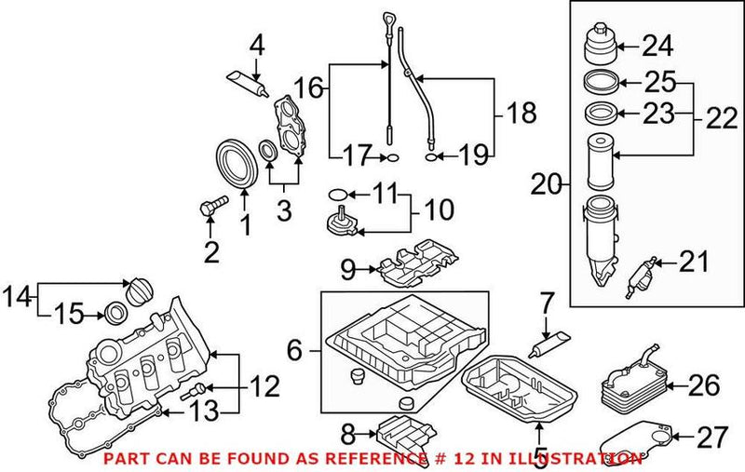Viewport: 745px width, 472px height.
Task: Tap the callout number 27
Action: coord(711,435)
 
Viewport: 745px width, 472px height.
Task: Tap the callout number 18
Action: coord(522,114)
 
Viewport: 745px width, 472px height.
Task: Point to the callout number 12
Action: coord(264,384)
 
